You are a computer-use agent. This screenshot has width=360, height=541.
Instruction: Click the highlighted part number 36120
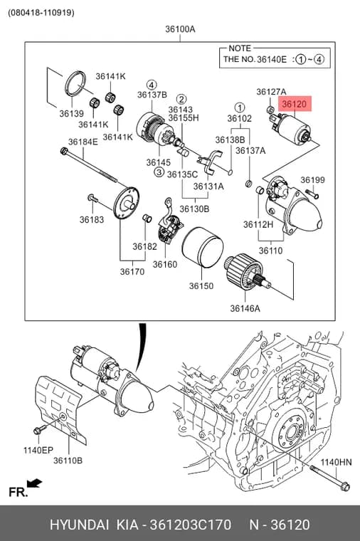295,104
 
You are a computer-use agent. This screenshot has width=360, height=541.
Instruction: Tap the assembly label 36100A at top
180,29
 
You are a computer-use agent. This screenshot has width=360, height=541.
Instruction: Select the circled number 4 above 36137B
152,85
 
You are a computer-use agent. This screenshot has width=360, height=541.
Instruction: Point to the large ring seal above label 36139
76,83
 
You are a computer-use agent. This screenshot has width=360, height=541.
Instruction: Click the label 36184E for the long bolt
83,142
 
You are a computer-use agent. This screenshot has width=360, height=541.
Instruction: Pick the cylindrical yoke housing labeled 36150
203,247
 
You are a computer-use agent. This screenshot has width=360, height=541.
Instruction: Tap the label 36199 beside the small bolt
312,180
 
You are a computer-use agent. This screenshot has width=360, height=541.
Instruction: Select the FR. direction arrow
34,484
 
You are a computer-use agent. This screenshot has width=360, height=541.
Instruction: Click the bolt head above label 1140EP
37,431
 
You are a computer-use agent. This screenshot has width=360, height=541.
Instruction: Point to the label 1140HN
337,462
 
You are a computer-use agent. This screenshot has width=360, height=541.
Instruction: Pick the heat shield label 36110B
68,461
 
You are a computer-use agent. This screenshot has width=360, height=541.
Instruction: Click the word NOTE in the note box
240,48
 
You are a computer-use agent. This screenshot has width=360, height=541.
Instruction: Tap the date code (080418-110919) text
41,12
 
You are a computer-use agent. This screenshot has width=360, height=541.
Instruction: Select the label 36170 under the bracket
132,272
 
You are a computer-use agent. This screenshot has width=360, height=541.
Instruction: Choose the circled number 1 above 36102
239,107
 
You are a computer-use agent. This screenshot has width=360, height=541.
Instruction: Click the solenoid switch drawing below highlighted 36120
290,128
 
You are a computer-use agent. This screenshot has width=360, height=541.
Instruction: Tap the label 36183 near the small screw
91,220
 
